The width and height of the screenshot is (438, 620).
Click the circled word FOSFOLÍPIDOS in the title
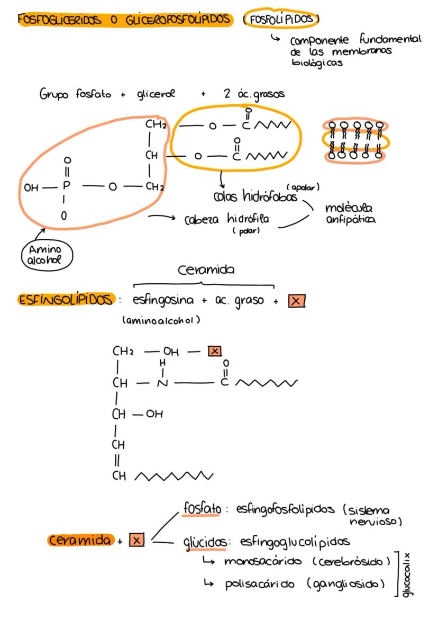(x=281, y=20)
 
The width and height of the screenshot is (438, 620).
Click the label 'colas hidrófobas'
(x=255, y=197)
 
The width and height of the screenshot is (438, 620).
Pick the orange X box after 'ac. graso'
(x=297, y=301)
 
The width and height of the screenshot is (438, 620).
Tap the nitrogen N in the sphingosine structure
(x=162, y=383)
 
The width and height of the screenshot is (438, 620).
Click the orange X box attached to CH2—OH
(x=214, y=351)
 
